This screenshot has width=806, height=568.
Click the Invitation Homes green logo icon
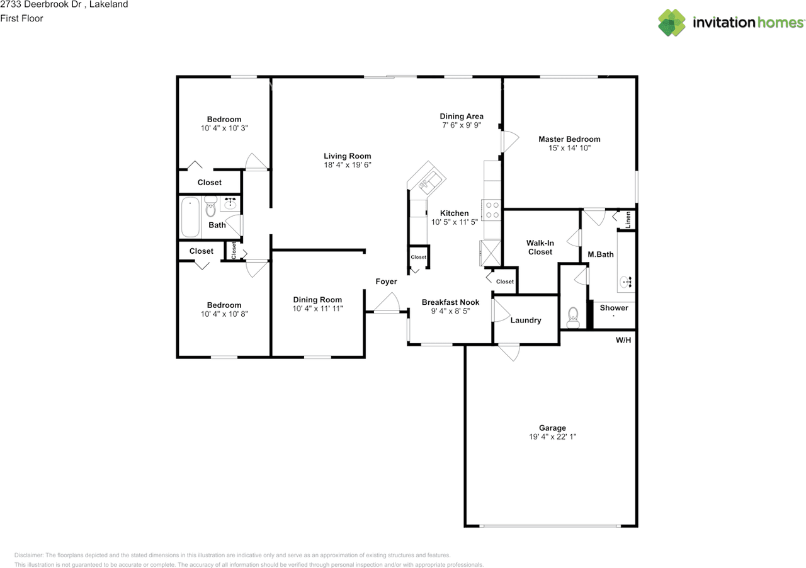672,22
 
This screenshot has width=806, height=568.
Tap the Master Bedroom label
569,139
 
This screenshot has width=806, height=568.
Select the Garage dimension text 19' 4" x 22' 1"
552,436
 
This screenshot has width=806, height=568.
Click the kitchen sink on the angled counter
430,181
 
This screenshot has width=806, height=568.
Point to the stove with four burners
492,210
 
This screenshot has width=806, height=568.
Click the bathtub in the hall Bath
190,217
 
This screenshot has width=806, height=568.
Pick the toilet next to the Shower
573,318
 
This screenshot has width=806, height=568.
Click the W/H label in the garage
623,340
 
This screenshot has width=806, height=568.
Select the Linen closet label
628,220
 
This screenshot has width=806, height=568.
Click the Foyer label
386,281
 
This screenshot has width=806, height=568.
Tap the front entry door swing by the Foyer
387,303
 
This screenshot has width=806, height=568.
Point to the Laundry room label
526,321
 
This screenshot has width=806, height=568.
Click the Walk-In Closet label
540,247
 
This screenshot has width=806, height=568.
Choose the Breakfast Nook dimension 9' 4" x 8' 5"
450,311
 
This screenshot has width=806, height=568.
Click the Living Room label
347,156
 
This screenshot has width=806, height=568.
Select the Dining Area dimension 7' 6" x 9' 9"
462,125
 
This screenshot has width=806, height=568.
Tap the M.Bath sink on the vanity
626,281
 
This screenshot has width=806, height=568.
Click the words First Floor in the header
21,18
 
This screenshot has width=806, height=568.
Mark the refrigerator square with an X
491,253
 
